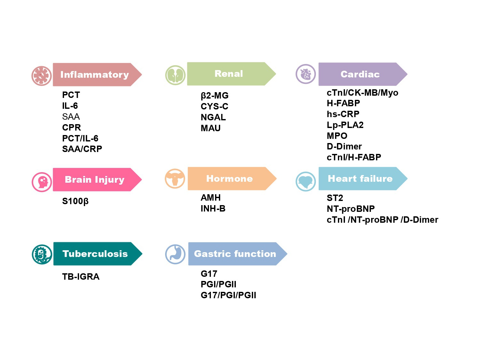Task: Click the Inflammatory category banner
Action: pos(94,75)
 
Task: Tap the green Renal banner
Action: pos(228,74)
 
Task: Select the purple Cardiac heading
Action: pos(360,74)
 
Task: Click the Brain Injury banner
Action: pos(94,180)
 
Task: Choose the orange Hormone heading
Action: pos(229,179)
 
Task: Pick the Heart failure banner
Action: pos(360,179)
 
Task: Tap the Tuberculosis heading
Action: pos(95,254)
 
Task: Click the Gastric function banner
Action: pos(235,254)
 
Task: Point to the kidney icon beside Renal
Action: pos(175,75)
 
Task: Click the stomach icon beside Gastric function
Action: pos(175,254)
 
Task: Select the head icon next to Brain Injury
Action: pos(42,182)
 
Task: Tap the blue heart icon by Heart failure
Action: pos(306,181)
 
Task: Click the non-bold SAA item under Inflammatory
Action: pos(71,116)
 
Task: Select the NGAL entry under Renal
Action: pos(213,117)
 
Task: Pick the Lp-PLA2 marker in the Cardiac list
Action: pos(345,125)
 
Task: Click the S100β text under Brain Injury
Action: pos(75,201)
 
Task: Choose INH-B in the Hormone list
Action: pos(213,209)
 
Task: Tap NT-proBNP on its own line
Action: pos(350,209)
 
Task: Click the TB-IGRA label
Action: pos(81,277)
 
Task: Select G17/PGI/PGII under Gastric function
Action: pos(228,295)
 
